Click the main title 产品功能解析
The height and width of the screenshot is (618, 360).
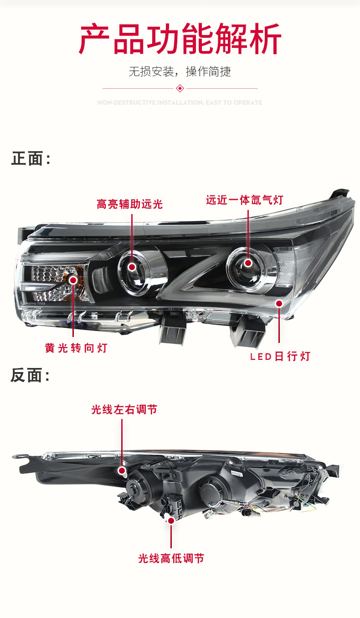pos(180,40)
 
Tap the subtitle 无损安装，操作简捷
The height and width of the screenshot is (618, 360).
pos(180,72)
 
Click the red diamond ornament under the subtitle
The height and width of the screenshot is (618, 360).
pos(180,88)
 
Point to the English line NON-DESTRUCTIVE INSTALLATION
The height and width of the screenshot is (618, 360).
pos(180,102)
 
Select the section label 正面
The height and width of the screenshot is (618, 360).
pos(30,159)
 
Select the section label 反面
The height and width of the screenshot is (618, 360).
pos(30,376)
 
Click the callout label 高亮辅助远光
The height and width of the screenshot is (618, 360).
pos(129,204)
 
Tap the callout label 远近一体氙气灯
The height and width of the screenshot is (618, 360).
pos(244,200)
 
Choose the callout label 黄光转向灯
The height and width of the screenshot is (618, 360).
pos(76,348)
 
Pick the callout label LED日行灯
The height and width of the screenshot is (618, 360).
pos(280,356)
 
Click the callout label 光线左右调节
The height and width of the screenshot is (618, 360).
pos(124,410)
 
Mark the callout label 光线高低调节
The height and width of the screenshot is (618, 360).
pos(171,558)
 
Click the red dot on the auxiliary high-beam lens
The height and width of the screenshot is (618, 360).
pos(132,267)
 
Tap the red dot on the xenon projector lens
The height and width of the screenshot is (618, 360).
pos(248,263)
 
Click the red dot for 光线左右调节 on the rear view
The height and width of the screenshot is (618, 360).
pos(122,470)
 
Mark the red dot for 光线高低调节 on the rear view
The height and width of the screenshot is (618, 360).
pos(171,520)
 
